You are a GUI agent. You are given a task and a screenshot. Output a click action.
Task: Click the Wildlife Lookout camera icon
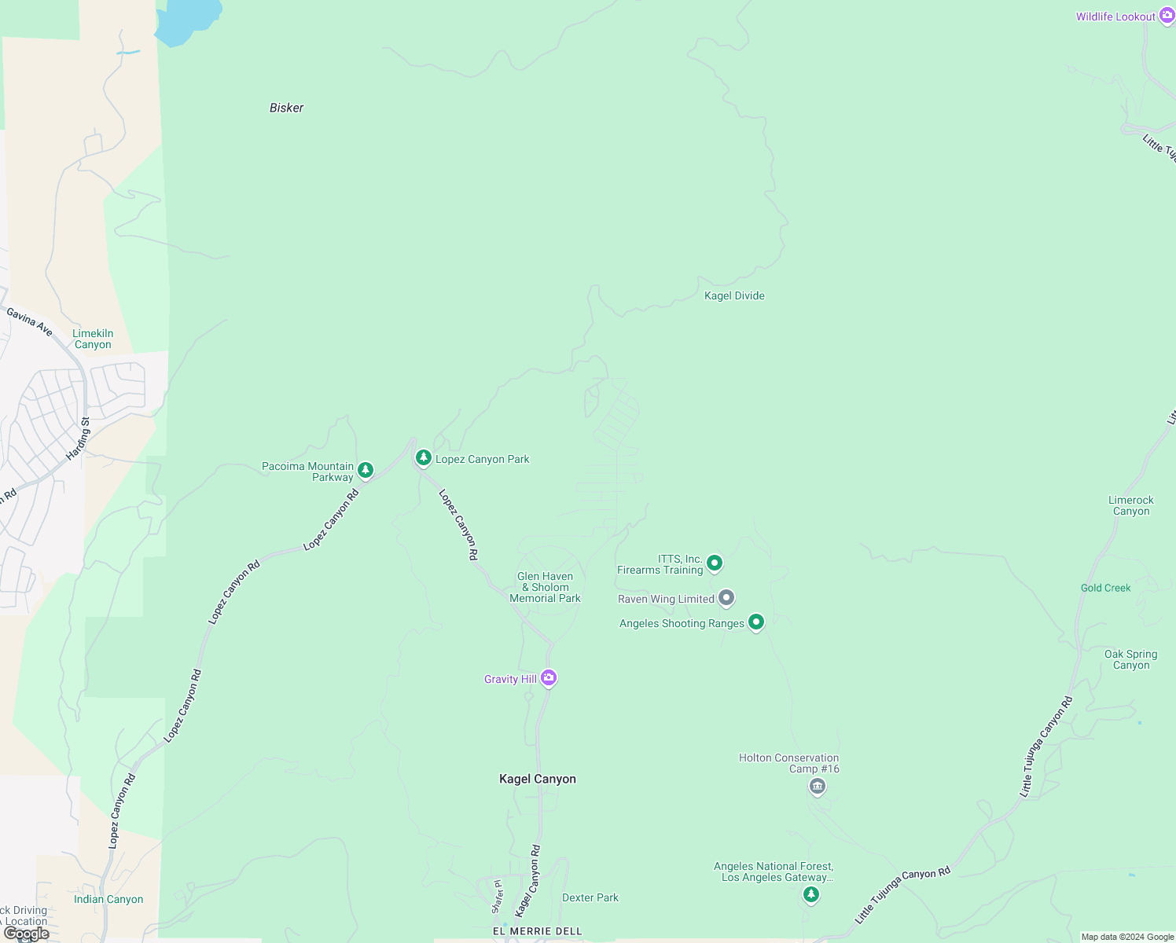click(1167, 16)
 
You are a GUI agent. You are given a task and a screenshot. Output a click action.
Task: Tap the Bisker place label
click(286, 108)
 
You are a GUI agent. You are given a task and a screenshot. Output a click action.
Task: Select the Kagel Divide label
click(734, 296)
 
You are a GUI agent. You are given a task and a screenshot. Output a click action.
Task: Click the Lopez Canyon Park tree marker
click(424, 457)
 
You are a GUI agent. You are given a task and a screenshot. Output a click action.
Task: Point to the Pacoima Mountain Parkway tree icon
click(366, 470)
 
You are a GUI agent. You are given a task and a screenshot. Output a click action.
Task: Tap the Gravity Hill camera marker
click(549, 677)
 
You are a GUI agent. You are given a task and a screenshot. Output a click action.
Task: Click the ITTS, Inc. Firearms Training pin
click(715, 563)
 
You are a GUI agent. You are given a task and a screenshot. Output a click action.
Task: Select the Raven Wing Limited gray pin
click(726, 598)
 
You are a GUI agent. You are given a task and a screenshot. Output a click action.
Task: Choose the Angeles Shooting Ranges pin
click(756, 622)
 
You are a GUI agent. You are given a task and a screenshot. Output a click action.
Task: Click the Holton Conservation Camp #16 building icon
click(818, 786)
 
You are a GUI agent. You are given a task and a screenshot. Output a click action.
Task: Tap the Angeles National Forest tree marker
click(811, 894)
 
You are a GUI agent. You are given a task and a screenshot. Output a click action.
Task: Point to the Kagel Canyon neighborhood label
click(538, 779)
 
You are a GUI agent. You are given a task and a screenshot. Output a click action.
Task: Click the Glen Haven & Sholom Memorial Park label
click(546, 588)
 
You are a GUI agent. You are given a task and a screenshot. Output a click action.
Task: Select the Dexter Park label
click(590, 897)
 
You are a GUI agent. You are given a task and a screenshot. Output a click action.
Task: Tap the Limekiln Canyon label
click(93, 339)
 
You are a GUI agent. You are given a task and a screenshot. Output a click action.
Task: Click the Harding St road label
click(79, 438)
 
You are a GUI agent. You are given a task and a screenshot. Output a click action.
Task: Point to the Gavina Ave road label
click(30, 322)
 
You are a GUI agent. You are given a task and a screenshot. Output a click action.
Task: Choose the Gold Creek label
click(1105, 588)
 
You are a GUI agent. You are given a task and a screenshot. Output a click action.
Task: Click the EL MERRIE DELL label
click(538, 931)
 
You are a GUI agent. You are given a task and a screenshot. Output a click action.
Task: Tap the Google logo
click(26, 934)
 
